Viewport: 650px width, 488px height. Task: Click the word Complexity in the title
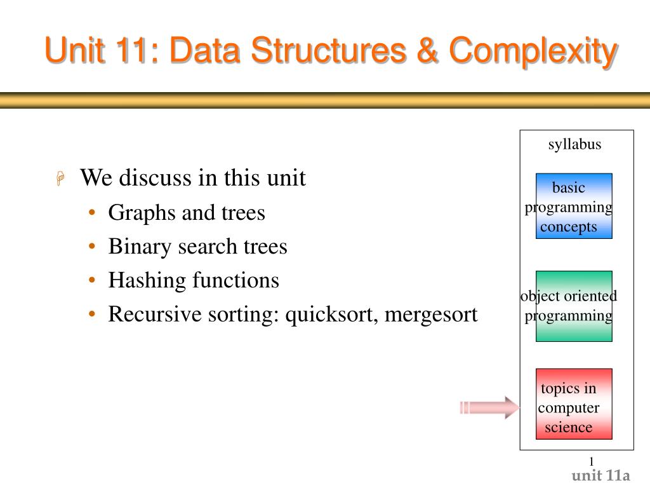click(533, 51)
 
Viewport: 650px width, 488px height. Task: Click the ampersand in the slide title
click(430, 51)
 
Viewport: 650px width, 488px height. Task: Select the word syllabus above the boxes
click(574, 145)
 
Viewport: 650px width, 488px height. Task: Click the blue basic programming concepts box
click(574, 206)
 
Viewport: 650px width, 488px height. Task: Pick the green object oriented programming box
click(574, 306)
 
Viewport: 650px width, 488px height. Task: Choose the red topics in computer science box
click(574, 403)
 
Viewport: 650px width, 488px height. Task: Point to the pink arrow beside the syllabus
click(489, 407)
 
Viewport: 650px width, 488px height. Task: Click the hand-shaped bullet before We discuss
click(60, 180)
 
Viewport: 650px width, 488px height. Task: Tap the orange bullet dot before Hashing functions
click(93, 281)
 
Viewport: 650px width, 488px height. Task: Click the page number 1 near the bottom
click(591, 461)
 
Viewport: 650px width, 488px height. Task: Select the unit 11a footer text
click(600, 476)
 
